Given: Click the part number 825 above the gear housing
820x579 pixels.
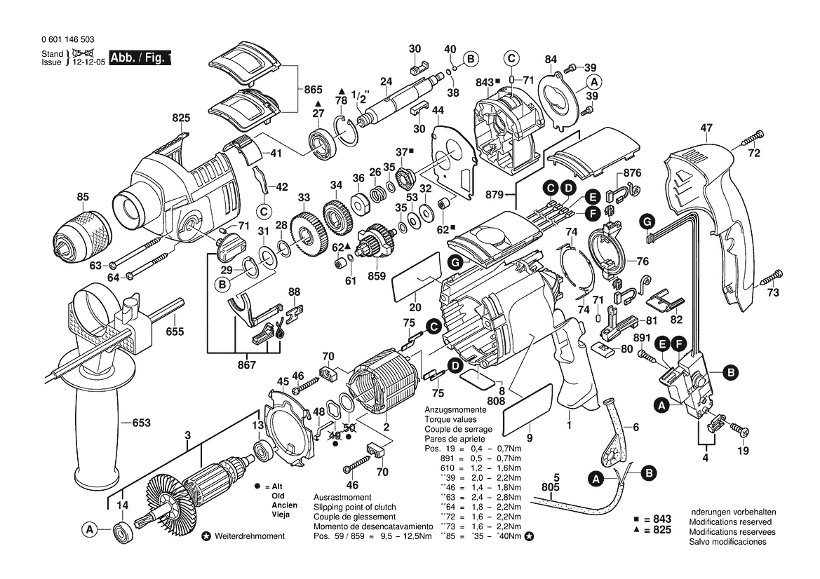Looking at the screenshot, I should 181,118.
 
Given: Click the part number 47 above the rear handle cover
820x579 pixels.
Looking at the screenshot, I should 706,128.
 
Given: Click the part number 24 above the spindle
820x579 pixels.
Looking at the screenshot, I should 385,82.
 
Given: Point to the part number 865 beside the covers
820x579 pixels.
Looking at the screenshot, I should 313,90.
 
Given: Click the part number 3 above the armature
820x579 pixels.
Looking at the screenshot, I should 188,435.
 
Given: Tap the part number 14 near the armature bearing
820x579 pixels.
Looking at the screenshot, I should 122,505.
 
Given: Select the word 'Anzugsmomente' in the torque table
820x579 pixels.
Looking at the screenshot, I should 455,409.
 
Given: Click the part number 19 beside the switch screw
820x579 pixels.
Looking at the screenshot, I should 743,451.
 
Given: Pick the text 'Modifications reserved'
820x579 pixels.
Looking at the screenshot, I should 730,522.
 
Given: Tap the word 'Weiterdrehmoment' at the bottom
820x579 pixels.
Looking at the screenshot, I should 250,536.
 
